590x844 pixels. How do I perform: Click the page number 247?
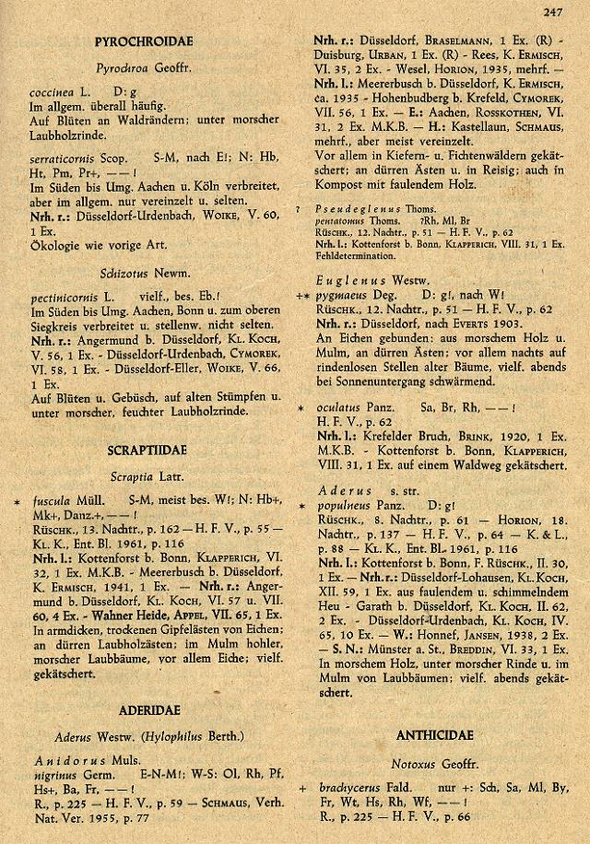pyautogui.click(x=553, y=12)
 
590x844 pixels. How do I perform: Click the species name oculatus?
pyautogui.click(x=338, y=406)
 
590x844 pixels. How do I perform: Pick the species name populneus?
pyautogui.click(x=344, y=506)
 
